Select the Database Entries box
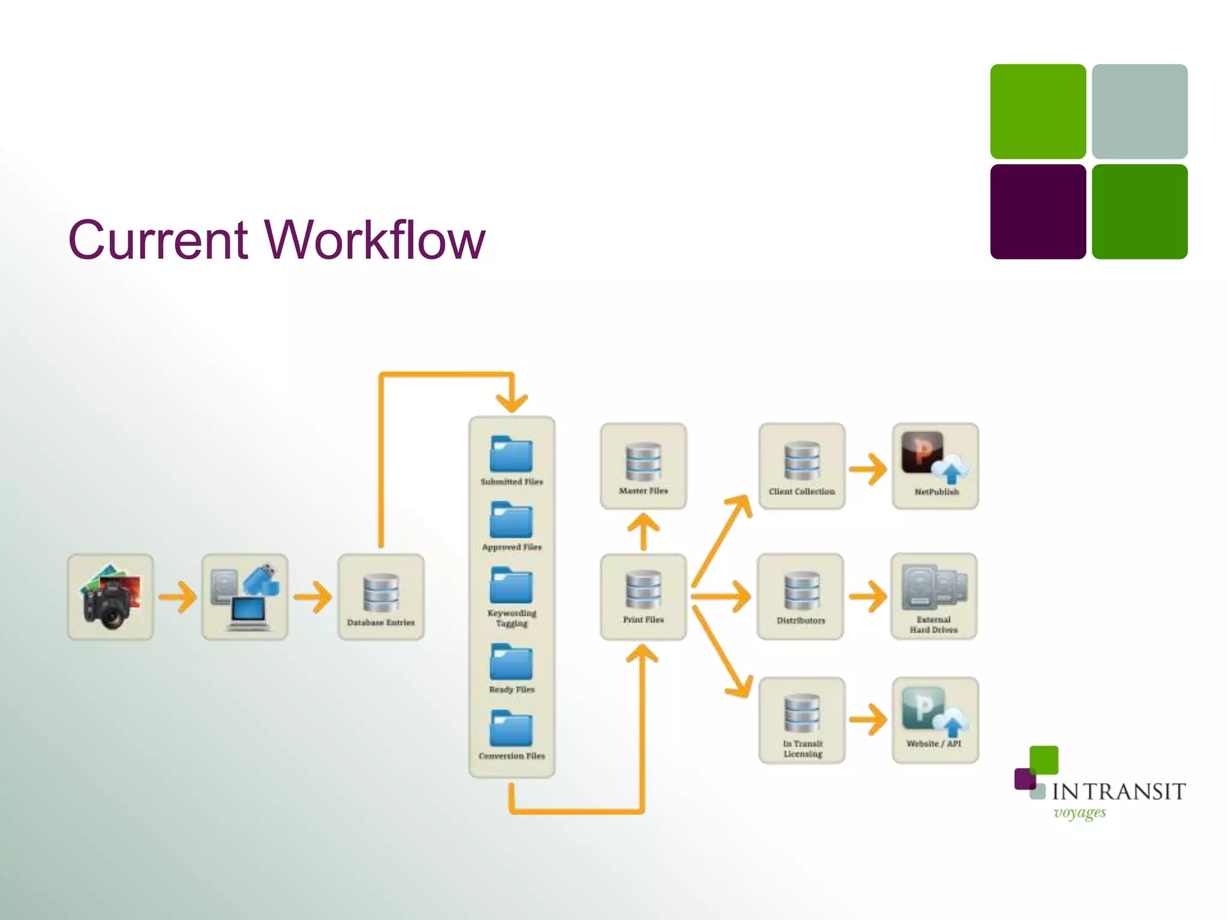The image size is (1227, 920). pyautogui.click(x=381, y=597)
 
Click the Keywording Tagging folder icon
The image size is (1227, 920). pyautogui.click(x=511, y=585)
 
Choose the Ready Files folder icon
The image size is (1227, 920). pyautogui.click(x=511, y=662)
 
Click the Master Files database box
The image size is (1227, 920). pyautogui.click(x=643, y=467)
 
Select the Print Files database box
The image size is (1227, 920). pyautogui.click(x=643, y=597)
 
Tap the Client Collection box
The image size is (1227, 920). pyautogui.click(x=802, y=467)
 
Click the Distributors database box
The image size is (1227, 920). pyautogui.click(x=801, y=597)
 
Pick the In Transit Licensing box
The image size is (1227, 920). pyautogui.click(x=802, y=721)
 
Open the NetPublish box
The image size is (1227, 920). pyautogui.click(x=936, y=467)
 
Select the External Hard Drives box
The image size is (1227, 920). pyautogui.click(x=934, y=597)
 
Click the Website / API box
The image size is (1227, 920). pyautogui.click(x=935, y=721)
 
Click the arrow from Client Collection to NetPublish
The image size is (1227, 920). pyautogui.click(x=868, y=469)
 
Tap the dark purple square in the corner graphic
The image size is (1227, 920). pyautogui.click(x=1038, y=212)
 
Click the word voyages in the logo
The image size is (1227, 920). pyautogui.click(x=1080, y=813)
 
